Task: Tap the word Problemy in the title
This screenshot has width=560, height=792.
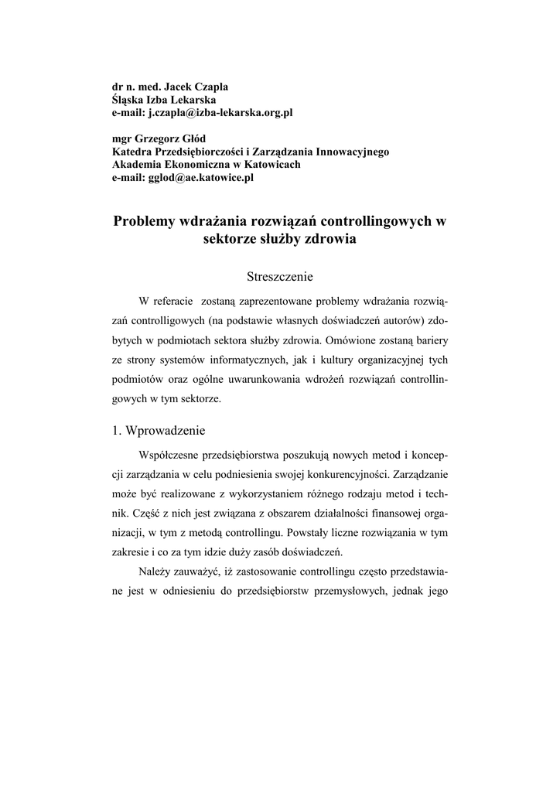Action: click(145, 221)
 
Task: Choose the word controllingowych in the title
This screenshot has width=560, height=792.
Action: click(375, 221)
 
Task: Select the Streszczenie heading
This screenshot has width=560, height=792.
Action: click(279, 275)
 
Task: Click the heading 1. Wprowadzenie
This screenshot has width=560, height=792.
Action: click(158, 431)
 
